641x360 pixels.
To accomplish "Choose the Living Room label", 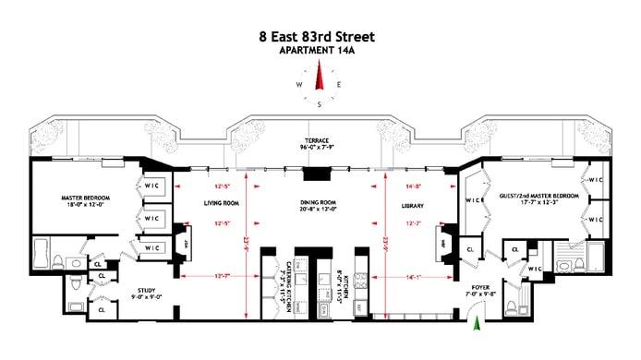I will [x=221, y=203].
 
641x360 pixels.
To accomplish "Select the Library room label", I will [x=412, y=203].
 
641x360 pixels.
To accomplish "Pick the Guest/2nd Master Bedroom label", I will [x=538, y=197].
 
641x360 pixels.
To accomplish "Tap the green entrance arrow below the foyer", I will [x=478, y=323].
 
